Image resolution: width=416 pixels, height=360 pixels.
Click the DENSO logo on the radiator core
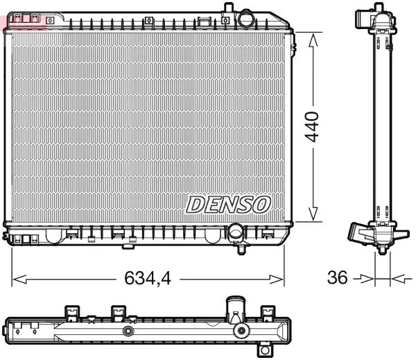[227, 203]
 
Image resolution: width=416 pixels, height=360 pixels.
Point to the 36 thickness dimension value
[338, 278]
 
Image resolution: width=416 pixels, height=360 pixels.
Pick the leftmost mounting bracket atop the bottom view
[71, 312]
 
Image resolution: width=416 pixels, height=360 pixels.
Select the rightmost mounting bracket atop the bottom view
[266, 312]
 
